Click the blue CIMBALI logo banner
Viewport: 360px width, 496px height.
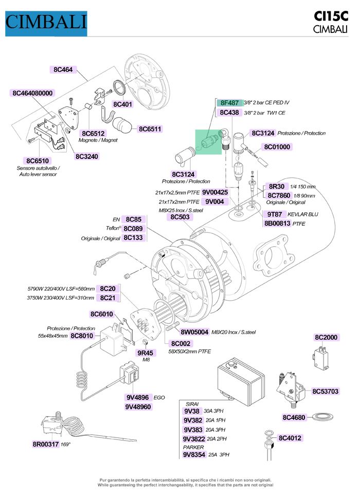(x=46, y=22)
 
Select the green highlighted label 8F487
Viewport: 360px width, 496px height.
(x=229, y=103)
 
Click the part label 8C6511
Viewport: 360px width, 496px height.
(x=150, y=129)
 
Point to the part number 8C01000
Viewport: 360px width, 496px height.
(x=277, y=147)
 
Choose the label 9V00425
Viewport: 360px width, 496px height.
(x=215, y=192)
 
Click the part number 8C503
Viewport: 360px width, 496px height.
(x=180, y=217)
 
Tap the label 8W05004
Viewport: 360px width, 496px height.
(x=194, y=332)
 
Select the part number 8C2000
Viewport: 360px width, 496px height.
(x=326, y=337)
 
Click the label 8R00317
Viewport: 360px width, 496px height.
(x=46, y=444)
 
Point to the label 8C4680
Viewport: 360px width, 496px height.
(x=294, y=417)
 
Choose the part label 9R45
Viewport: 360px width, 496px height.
(x=145, y=353)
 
